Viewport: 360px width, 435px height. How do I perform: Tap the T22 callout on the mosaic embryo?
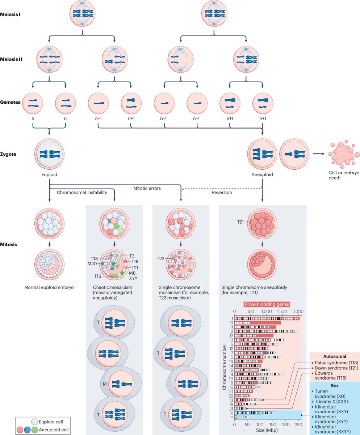click(161, 258)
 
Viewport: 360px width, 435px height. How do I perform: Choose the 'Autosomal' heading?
click(334, 356)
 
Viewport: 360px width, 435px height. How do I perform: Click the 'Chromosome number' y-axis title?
click(224, 362)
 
